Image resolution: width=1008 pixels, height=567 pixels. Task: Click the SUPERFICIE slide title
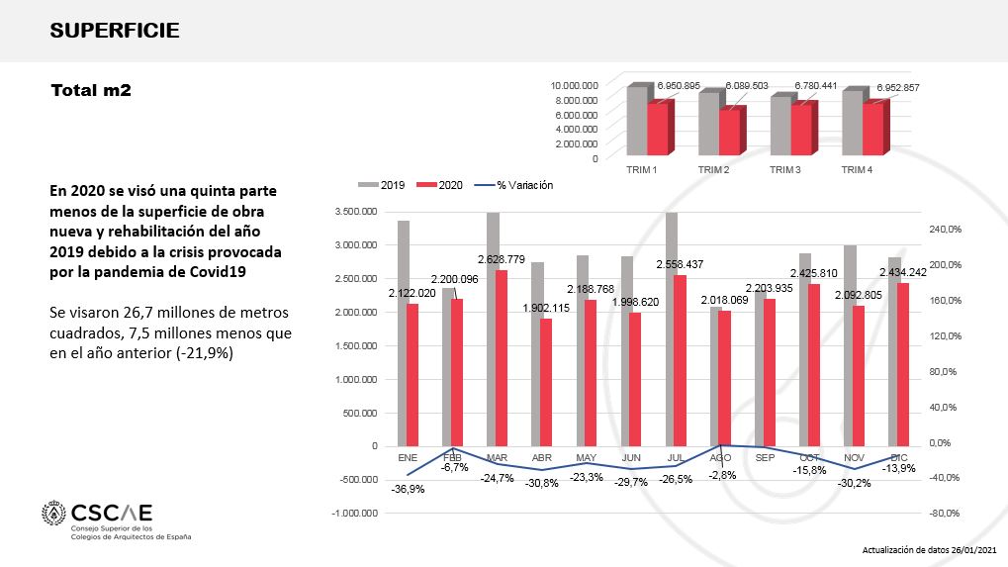[115, 31]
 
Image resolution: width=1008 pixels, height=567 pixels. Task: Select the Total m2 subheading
[91, 90]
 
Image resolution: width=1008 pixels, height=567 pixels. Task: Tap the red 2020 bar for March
[502, 357]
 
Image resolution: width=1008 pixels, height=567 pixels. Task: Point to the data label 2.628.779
[502, 260]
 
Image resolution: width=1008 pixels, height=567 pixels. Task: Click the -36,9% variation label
[408, 489]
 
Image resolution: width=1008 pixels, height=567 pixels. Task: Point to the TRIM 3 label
[784, 169]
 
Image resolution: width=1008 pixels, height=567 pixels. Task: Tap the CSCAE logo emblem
[53, 515]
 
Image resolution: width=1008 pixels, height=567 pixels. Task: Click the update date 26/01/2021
[974, 549]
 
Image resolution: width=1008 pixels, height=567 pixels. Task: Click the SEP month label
[765, 458]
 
